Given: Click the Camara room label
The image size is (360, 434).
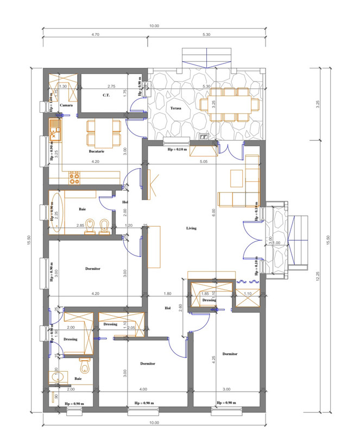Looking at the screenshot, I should [66, 105].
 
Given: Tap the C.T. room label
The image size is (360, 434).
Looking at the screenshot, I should [107, 95].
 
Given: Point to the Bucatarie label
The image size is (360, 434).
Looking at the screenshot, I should [97, 151].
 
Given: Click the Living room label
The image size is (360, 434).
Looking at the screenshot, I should [191, 228].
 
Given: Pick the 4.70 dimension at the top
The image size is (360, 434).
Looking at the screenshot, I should [95, 34].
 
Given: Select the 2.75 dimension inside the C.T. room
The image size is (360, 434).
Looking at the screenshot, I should [111, 86].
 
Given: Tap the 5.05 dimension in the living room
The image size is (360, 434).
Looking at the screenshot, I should [204, 162].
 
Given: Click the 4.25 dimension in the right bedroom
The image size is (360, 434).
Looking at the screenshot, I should [214, 358].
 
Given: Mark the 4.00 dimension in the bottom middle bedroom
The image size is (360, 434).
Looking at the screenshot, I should [143, 390].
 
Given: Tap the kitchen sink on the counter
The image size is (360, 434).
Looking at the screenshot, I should [55, 130].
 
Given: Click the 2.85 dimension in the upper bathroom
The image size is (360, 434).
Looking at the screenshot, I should [80, 225].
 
